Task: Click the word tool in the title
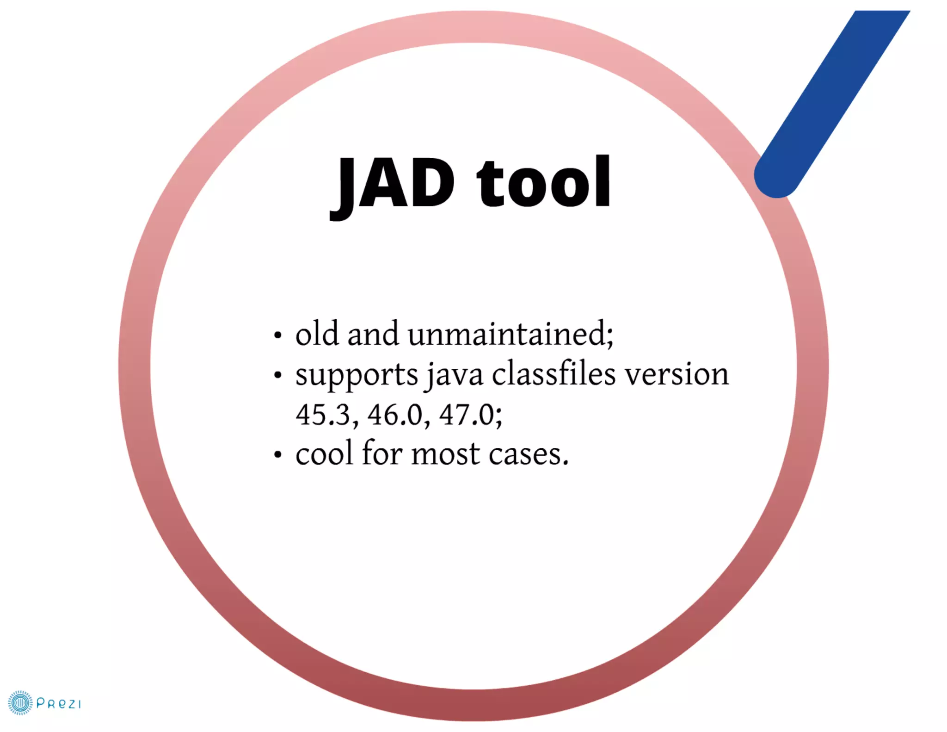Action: point(544,183)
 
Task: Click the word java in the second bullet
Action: point(455,375)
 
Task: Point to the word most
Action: point(445,454)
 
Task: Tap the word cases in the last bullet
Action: point(528,454)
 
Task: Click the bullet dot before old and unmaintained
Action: point(277,335)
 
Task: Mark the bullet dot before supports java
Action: point(277,375)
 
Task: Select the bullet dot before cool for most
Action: point(277,455)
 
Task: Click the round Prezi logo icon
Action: point(20,703)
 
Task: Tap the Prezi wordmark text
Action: point(58,704)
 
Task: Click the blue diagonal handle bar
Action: point(832,102)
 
